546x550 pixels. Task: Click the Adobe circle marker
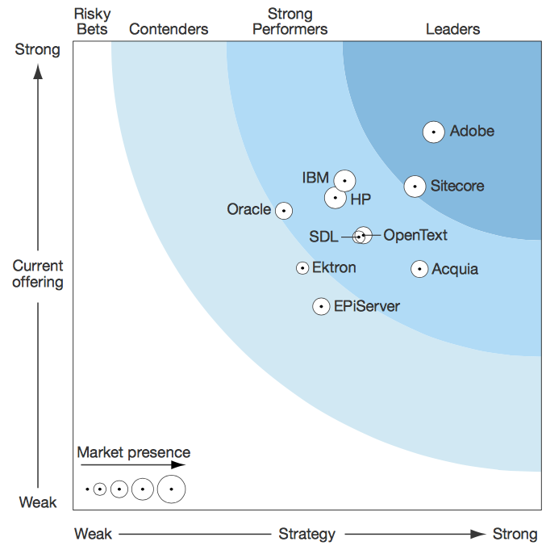tap(434, 132)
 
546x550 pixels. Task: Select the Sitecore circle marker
tap(415, 187)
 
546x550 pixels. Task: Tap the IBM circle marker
tap(345, 180)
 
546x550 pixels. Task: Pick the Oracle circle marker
tap(283, 210)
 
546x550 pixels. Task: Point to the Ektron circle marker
tap(302, 267)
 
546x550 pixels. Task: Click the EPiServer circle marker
tap(321, 306)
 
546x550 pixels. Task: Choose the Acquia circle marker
tap(419, 269)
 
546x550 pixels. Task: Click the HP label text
tap(361, 199)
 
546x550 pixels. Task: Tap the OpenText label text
tap(415, 235)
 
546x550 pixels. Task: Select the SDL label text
tap(324, 237)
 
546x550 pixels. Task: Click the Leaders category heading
tap(452, 30)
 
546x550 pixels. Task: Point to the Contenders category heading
tap(169, 30)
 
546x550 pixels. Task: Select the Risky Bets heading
tap(91, 22)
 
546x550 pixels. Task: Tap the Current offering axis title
tap(38, 274)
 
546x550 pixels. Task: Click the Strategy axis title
tap(306, 534)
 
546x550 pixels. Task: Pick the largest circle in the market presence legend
tap(171, 489)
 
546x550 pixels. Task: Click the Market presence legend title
tap(134, 452)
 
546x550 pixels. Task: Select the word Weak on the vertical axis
tap(38, 503)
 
